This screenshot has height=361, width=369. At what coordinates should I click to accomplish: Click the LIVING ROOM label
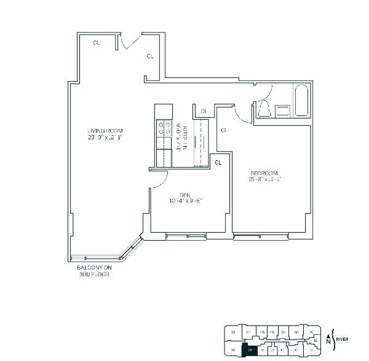tap(105, 130)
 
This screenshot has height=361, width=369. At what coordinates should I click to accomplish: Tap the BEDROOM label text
tap(265, 173)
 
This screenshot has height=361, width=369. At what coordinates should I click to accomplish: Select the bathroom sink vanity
tap(282, 111)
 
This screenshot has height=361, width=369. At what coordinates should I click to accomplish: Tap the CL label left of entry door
tap(97, 42)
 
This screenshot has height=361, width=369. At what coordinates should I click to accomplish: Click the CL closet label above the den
tap(217, 163)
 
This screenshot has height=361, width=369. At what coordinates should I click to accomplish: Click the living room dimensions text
tap(105, 138)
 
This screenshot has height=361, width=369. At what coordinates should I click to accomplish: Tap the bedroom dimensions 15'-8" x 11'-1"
tap(265, 179)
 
